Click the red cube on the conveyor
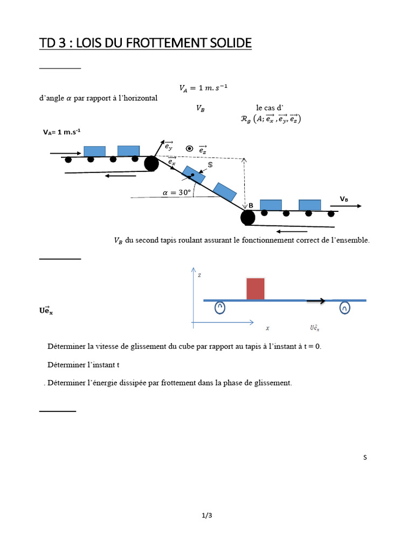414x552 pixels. coord(256,288)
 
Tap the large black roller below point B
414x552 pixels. coord(247,217)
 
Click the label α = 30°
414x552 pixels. coord(177,192)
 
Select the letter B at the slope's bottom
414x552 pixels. coord(251,205)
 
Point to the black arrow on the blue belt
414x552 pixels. coord(316,301)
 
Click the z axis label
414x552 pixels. coord(199,275)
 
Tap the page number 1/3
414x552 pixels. coord(207,515)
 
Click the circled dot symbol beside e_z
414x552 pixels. coord(189,148)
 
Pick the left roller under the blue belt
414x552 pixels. coord(220,307)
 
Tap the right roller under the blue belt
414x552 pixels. coord(345,308)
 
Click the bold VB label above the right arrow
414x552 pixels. coord(343,199)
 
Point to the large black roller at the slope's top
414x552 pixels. coord(151,163)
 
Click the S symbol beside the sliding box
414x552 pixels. coord(210,164)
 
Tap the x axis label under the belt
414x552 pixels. coord(267,328)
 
